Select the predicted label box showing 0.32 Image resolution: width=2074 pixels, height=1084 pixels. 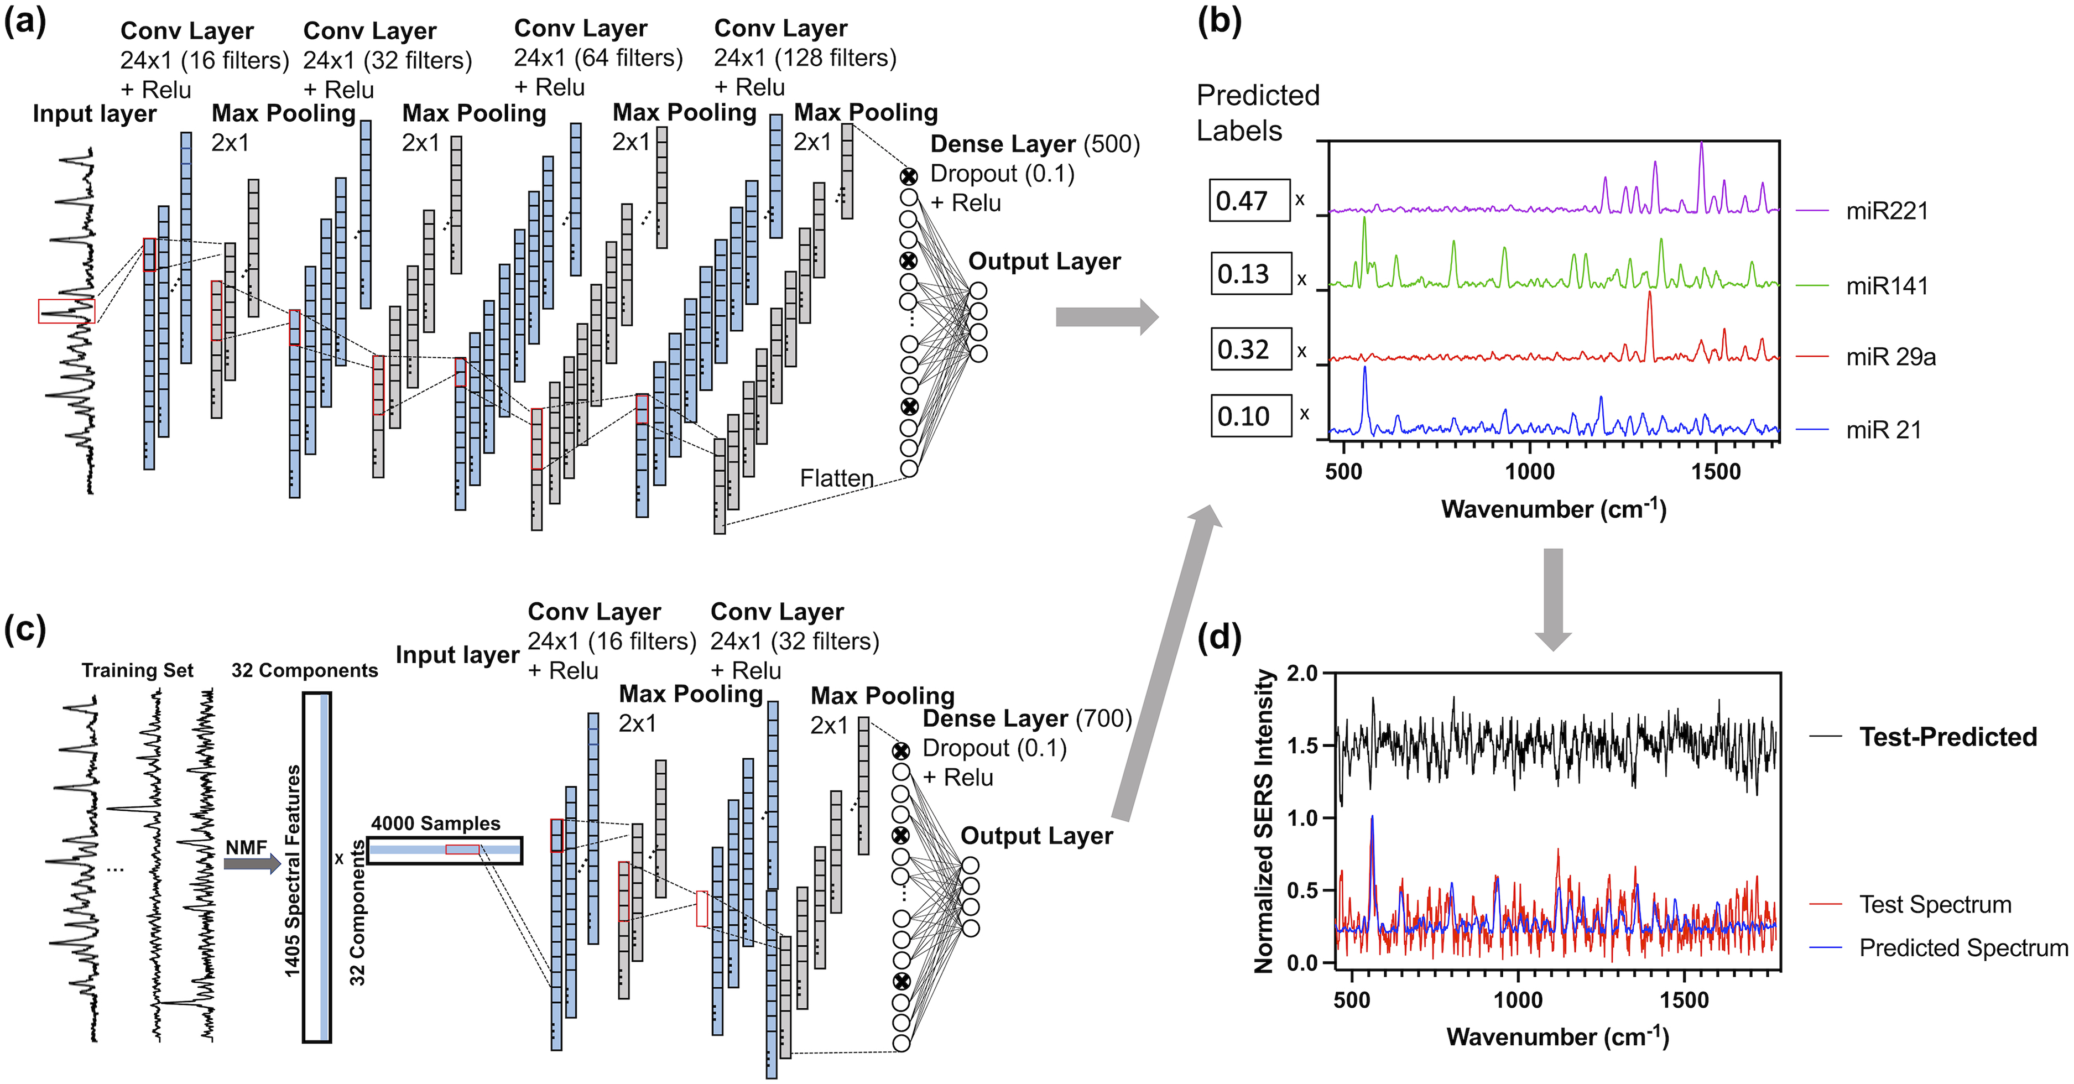1251,350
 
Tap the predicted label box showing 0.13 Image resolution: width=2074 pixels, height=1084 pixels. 1251,274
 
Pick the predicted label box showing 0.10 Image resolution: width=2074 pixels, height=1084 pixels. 1251,416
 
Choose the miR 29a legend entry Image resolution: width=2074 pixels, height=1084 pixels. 1890,357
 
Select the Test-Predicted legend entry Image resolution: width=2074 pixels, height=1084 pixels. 1947,737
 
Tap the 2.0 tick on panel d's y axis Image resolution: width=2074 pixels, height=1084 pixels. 1302,673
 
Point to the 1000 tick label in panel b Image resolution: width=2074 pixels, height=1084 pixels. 1530,472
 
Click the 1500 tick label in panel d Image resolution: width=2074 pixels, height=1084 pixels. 1684,1000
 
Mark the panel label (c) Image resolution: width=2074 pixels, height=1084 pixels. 25,629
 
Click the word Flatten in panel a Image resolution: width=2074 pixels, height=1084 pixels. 837,478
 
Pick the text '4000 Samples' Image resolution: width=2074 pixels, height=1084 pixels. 436,823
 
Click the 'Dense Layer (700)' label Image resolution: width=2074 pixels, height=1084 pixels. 1026,718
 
